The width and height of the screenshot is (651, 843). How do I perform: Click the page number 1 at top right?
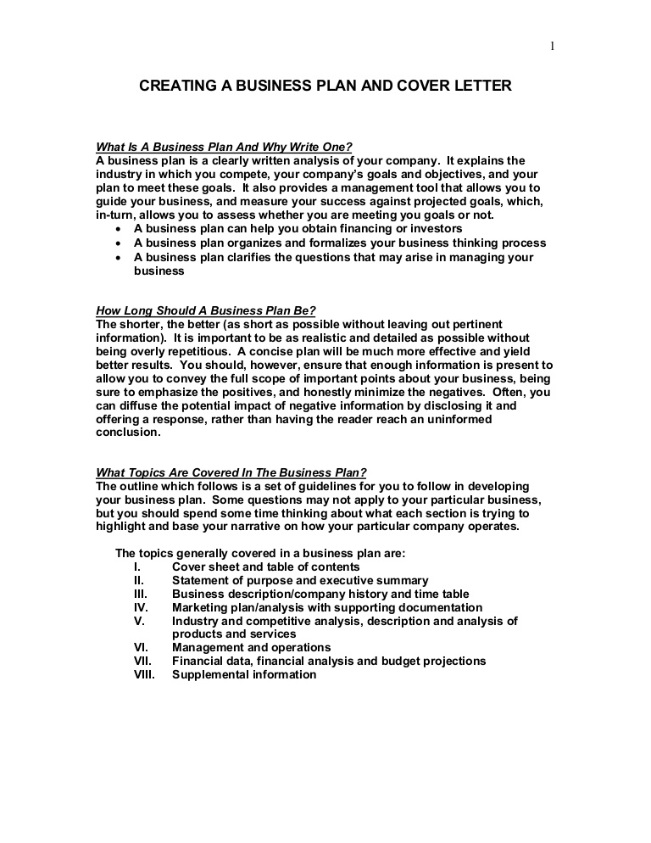552,46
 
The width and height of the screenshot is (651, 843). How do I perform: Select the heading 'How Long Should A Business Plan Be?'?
206,310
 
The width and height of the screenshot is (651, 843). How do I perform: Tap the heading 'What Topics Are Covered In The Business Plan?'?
231,472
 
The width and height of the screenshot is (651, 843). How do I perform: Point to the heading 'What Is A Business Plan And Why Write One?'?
225,147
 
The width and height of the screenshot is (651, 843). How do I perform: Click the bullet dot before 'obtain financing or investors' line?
117,230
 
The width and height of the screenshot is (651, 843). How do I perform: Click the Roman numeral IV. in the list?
141,607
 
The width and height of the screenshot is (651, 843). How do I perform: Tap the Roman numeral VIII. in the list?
144,674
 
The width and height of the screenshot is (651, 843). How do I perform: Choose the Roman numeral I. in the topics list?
136,567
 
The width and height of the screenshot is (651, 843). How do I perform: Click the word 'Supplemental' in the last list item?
209,674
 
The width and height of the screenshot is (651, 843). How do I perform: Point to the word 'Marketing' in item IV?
199,607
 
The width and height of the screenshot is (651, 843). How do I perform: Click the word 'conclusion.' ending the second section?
128,432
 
